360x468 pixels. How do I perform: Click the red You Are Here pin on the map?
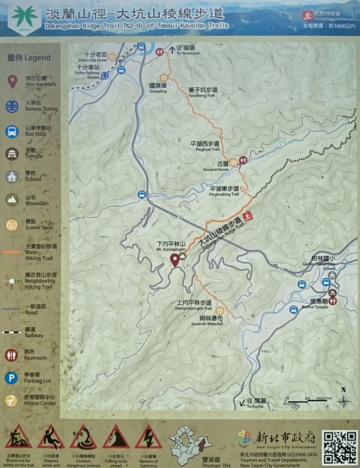(175, 260)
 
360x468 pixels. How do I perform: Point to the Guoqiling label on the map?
(158, 88)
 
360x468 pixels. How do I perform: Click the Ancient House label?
(216, 166)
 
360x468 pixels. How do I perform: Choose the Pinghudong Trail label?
(224, 191)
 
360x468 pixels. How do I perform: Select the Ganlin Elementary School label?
(319, 266)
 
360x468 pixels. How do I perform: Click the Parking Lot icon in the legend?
(11, 378)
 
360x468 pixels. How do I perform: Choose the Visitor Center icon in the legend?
(11, 401)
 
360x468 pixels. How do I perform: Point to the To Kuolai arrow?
(242, 403)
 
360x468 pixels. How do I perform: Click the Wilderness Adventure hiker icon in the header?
(308, 16)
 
